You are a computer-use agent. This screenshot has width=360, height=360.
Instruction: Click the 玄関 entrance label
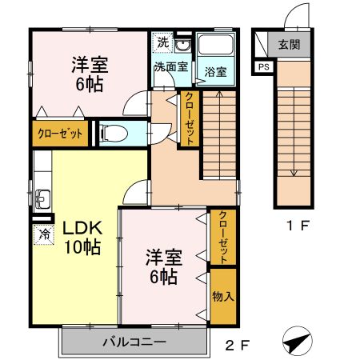289,46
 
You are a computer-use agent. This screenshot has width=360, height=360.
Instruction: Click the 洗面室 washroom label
170,66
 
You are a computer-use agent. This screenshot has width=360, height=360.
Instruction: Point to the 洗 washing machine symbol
162,43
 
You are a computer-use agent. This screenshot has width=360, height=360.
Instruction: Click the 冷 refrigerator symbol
42,235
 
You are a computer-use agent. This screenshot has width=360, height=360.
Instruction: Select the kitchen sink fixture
42,197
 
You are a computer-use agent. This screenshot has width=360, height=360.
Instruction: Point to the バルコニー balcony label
134,343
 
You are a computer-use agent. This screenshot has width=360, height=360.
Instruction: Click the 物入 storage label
222,296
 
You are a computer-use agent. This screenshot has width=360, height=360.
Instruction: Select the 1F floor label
298,226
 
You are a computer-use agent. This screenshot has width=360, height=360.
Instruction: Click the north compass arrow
298,342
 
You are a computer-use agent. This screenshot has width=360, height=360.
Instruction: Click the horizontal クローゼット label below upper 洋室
61,134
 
